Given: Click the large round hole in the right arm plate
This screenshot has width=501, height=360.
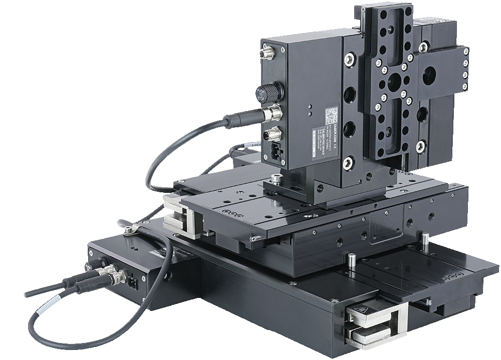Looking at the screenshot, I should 428,77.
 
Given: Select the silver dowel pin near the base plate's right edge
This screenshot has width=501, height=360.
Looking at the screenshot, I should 425,239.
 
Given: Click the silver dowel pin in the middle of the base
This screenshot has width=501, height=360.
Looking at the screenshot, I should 352,259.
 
